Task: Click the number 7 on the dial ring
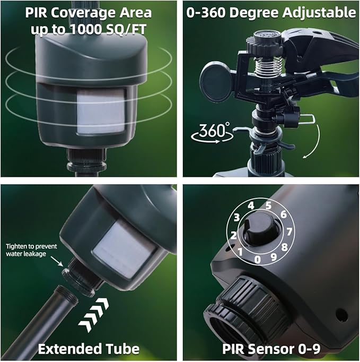[x=289, y=231]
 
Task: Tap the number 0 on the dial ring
[x=257, y=260]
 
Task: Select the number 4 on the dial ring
[x=251, y=206]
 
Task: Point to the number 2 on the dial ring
[x=234, y=235]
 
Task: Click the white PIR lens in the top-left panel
[x=101, y=112]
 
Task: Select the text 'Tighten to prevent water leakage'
[x=31, y=250]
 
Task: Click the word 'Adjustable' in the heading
[x=319, y=13]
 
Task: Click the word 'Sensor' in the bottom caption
[x=270, y=349]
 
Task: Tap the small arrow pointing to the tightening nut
[x=57, y=261]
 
